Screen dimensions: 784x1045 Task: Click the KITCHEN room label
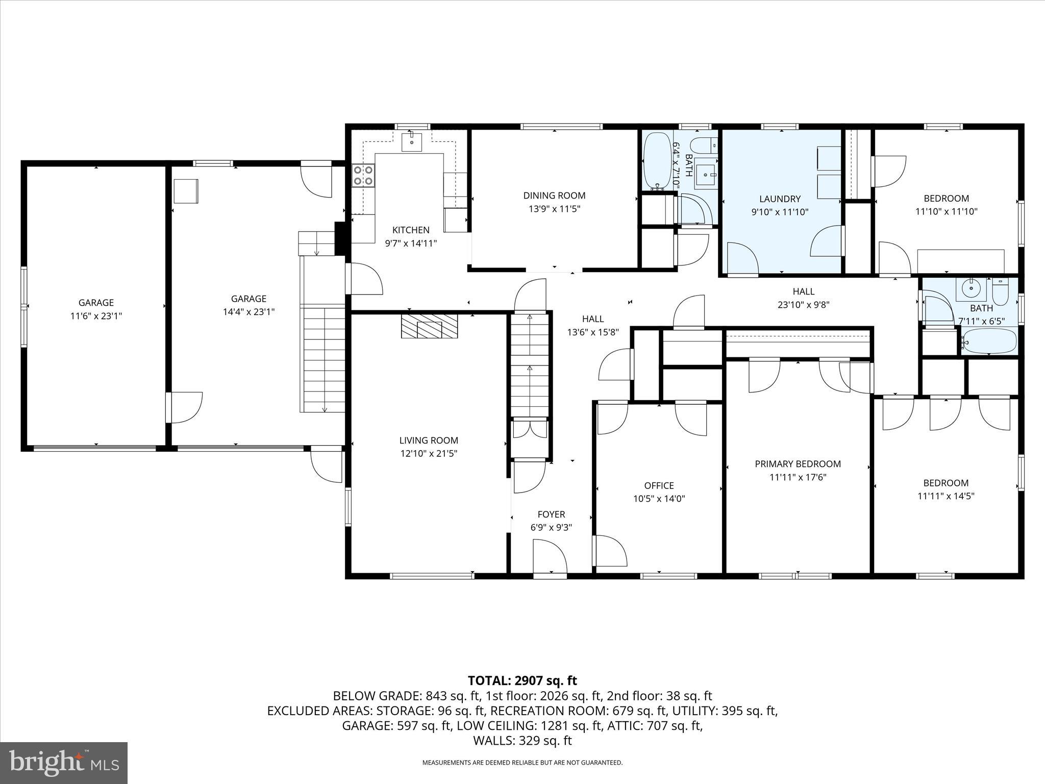tap(411, 230)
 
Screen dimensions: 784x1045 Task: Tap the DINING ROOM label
tap(554, 195)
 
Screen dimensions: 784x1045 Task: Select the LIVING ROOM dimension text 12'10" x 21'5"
tap(429, 454)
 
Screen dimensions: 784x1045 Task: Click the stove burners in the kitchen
tap(363, 175)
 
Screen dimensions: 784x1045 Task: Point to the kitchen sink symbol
tap(411, 141)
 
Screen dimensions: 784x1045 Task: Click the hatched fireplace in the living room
tap(429, 326)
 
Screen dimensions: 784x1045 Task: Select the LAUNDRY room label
tap(780, 199)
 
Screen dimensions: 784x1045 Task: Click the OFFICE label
tap(659, 485)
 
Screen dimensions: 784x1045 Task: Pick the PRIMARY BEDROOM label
tap(798, 464)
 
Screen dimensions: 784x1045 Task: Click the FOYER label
tap(551, 514)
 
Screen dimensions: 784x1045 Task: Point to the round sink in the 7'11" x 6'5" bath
tap(972, 289)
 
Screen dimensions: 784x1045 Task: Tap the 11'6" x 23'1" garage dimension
tap(96, 316)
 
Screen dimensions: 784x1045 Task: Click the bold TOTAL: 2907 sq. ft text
tap(522, 680)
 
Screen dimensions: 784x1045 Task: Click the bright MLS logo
tap(64, 762)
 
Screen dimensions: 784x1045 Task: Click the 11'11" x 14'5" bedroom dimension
tap(946, 496)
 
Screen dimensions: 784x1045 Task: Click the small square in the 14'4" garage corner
tap(186, 191)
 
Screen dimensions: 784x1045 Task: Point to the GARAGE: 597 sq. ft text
tap(396, 726)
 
